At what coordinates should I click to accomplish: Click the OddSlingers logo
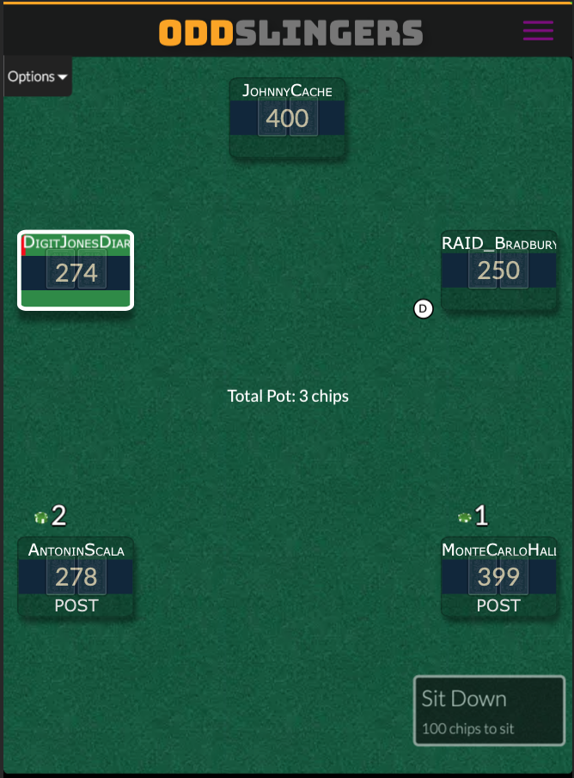pos(291,33)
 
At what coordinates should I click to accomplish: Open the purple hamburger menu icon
pos(538,30)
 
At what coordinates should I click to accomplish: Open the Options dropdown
pos(37,76)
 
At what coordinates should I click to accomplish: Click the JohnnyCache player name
pos(287,91)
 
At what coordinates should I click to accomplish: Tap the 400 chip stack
pos(287,119)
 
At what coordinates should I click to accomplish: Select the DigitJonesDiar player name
pos(77,243)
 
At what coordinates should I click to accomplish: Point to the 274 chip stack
pos(76,272)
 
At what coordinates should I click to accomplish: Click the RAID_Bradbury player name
pos(499,244)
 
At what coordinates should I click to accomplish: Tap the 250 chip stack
pos(498,270)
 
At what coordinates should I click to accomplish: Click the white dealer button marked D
pos(423,308)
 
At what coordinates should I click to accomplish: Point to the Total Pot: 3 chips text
pos(288,396)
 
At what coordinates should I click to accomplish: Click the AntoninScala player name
pos(76,550)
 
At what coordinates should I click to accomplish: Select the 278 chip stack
pos(76,576)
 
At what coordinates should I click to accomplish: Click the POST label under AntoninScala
pos(76,605)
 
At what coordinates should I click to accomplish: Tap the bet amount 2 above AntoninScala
pos(58,515)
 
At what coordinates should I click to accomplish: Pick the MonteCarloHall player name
pos(499,550)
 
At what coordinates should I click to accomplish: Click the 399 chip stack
pos(498,576)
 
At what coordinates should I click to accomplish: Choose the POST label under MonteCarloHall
pos(498,605)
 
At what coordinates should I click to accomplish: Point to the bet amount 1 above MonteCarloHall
pos(481,515)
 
